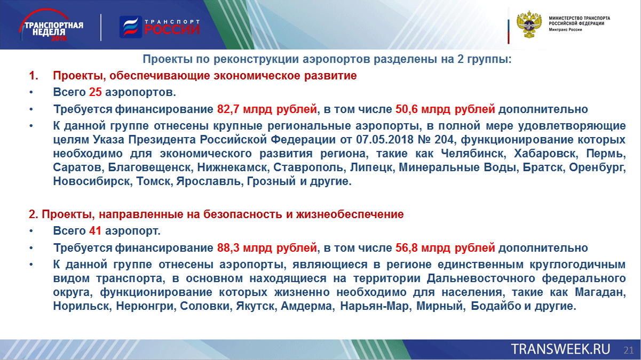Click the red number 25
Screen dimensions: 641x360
coord(96,92)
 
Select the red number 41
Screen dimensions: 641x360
coord(95,231)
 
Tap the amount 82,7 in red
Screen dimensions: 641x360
coord(228,109)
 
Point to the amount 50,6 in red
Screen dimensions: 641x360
coord(407,109)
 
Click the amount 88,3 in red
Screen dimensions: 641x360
coord(228,248)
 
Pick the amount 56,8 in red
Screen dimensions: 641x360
coord(407,248)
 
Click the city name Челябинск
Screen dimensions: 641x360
coord(473,154)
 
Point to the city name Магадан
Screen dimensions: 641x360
coord(600,292)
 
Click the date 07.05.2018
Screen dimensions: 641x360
coord(385,140)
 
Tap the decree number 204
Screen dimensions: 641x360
coord(444,140)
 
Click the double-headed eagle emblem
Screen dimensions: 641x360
coord(529,25)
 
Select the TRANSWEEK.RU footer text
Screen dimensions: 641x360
coord(560,349)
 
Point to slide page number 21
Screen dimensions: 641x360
coord(629,350)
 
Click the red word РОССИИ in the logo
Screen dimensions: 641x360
coord(172,29)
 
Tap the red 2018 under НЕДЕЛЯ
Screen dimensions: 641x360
coord(59,38)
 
